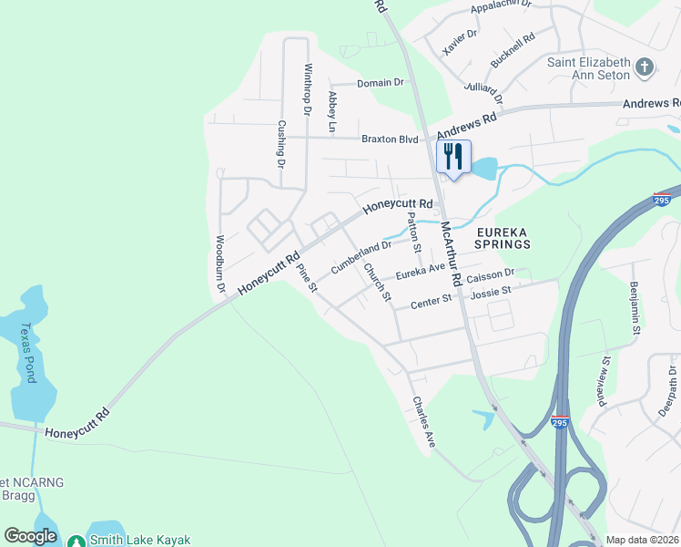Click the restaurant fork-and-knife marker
coord(452,156)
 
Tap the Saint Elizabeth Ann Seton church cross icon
coord(645,67)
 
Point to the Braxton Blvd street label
coord(390,139)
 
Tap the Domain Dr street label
coord(380,83)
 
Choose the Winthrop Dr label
coord(308,90)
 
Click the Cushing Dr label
coord(281,145)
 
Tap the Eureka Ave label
coord(419,270)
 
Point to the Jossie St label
coord(490,292)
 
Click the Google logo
coord(31,536)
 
